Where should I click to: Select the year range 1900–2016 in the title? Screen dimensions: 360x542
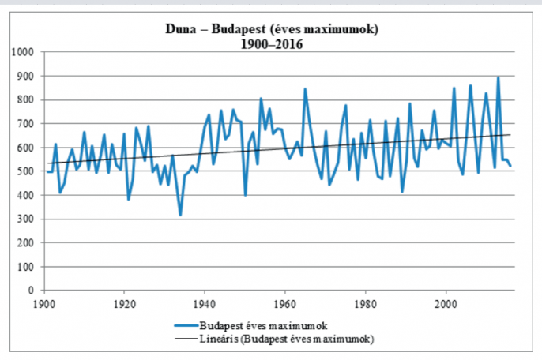272,44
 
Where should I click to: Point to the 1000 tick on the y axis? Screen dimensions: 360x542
26,52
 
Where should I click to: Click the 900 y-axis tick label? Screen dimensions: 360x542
28,76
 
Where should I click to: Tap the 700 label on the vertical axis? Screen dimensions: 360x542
28,124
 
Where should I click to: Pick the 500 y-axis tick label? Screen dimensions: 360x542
28,171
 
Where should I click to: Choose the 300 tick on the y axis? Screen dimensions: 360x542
28,219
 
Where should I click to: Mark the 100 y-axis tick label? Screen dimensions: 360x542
28,267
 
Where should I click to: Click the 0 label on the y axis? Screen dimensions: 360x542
35,291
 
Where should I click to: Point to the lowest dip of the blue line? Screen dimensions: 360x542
180,215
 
